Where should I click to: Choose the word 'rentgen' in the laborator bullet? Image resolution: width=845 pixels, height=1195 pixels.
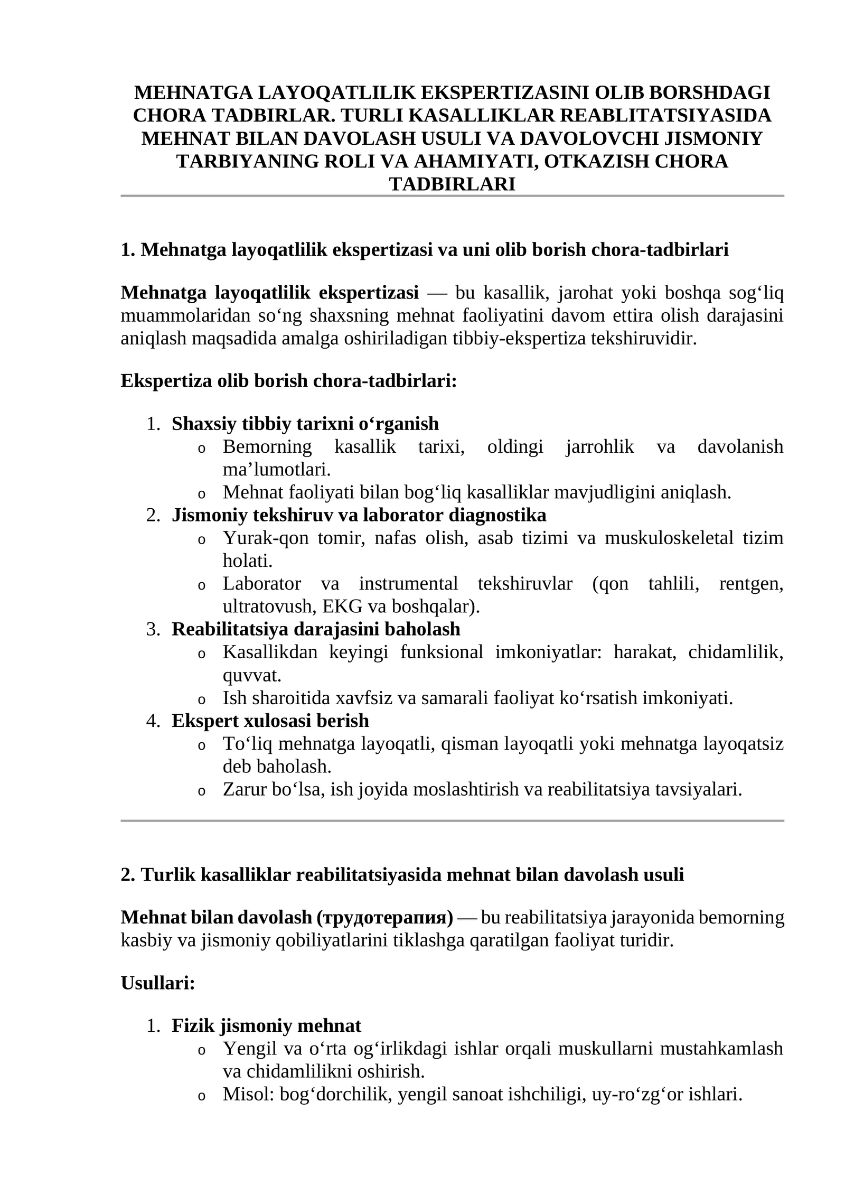click(750, 584)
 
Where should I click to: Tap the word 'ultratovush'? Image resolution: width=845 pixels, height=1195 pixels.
click(267, 606)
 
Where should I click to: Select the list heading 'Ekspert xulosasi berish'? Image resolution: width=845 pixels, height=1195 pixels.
click(270, 721)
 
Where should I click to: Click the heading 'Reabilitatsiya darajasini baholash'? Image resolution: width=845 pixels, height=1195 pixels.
click(316, 629)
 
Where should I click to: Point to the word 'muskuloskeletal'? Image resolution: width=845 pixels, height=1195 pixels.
click(669, 538)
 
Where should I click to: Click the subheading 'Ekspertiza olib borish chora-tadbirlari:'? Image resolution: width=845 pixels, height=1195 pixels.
click(288, 380)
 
